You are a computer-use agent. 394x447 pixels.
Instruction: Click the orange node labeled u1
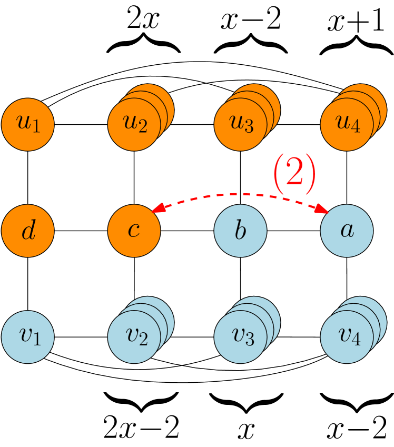coord(28,125)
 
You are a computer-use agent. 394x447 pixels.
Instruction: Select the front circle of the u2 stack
coord(134,125)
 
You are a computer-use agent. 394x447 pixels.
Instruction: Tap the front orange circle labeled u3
coord(240,125)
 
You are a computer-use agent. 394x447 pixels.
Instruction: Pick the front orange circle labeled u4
coord(347,125)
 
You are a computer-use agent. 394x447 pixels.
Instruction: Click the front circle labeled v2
coord(134,337)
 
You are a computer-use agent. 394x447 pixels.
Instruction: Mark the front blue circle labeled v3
coord(240,337)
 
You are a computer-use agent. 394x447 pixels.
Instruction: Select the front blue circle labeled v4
coord(347,337)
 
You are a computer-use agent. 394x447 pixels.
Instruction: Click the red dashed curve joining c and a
coord(240,194)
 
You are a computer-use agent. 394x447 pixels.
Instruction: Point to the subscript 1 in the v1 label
coord(36,340)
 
